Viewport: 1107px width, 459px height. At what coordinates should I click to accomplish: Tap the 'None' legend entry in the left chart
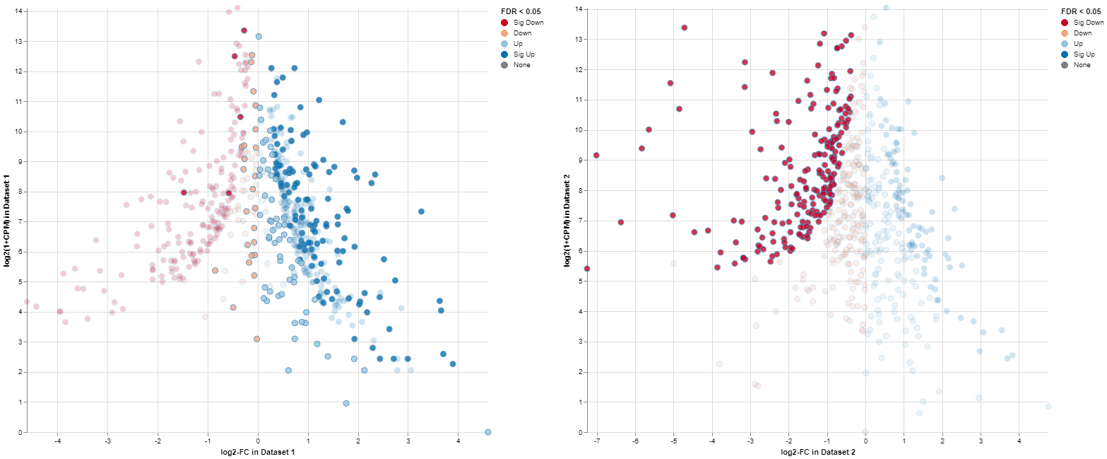click(x=518, y=65)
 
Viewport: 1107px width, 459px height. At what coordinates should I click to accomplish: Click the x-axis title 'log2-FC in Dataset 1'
click(x=258, y=453)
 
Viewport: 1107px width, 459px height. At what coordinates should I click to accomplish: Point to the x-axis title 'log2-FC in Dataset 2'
click(x=818, y=452)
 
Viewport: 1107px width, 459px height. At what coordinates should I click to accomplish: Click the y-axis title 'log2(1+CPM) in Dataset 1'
click(x=7, y=221)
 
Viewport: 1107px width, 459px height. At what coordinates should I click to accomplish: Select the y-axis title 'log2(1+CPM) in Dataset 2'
click(x=567, y=221)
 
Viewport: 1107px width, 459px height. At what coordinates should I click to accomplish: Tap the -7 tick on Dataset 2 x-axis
click(x=597, y=441)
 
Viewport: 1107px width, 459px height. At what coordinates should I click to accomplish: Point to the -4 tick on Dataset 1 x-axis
click(x=57, y=441)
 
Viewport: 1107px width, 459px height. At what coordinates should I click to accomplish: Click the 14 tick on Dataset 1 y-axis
click(x=19, y=11)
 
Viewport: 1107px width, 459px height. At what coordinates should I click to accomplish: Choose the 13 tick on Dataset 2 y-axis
click(x=579, y=39)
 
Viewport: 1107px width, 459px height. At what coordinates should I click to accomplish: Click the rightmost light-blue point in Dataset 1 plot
click(x=488, y=431)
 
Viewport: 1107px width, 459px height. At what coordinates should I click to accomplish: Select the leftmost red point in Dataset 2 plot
click(x=586, y=269)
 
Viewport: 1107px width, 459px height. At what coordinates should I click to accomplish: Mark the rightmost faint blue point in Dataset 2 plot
click(x=1048, y=407)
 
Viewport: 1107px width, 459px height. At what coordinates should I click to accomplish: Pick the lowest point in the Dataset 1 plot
click(x=488, y=431)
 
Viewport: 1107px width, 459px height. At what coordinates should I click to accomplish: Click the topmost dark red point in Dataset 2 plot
click(x=684, y=28)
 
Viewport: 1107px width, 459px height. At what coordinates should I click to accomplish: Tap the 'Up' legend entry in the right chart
click(x=1078, y=44)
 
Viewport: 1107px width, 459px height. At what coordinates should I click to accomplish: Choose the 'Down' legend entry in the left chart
click(x=518, y=33)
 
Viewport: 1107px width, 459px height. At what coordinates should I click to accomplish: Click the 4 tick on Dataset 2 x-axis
click(x=1019, y=441)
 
